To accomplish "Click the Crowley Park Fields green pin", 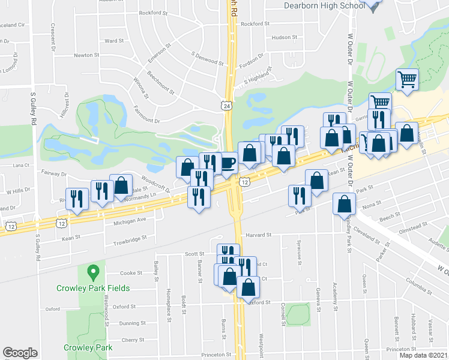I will click(x=92, y=274).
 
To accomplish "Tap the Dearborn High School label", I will click(x=324, y=5).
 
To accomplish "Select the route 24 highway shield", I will click(x=226, y=106).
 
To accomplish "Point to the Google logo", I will click(x=20, y=353).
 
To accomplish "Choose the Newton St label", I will click(x=86, y=55).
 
